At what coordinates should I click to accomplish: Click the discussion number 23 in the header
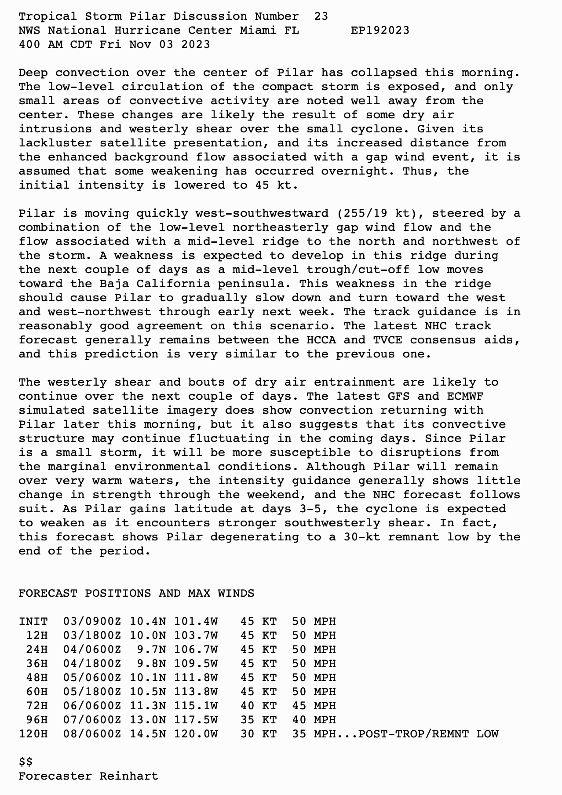click(x=321, y=17)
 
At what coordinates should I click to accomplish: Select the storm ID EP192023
click(x=380, y=31)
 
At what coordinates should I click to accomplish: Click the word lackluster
click(x=55, y=143)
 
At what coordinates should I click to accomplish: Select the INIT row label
click(x=33, y=622)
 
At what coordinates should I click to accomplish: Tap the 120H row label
click(x=33, y=734)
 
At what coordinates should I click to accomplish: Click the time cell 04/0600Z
click(x=92, y=650)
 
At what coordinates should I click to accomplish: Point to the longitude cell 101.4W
click(x=196, y=622)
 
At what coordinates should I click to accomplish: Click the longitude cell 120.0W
click(x=196, y=734)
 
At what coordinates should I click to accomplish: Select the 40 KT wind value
click(x=259, y=706)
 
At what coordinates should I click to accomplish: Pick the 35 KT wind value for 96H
click(x=259, y=720)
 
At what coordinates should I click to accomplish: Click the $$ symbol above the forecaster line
click(x=26, y=762)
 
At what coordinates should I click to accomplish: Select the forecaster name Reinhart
click(x=129, y=777)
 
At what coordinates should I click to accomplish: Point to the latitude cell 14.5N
click(x=148, y=734)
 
